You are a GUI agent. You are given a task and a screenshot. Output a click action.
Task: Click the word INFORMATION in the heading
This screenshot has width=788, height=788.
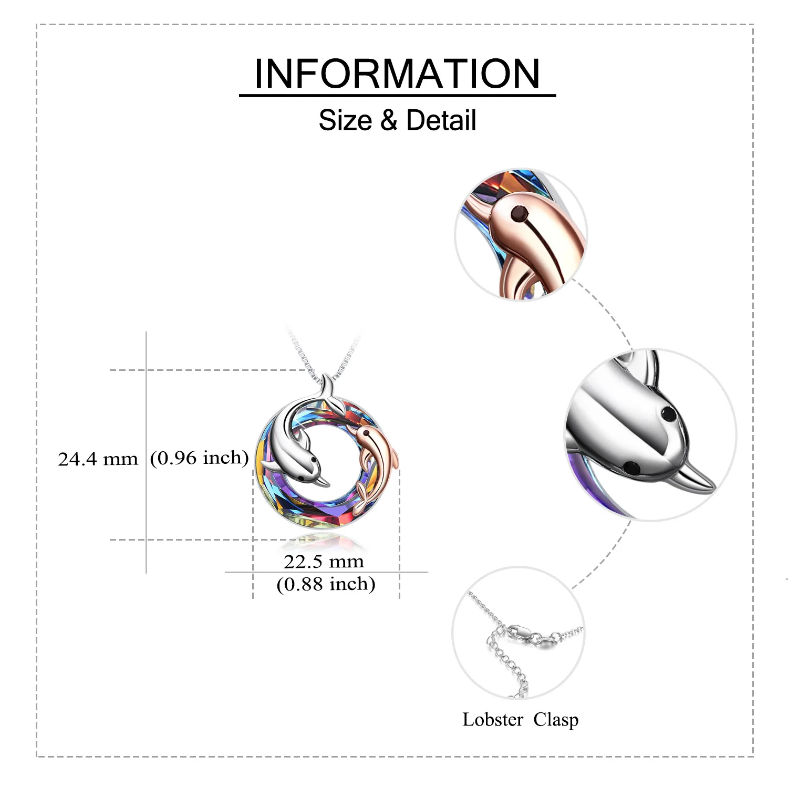(397, 74)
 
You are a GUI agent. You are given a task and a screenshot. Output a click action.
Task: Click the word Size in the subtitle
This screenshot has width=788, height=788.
(345, 120)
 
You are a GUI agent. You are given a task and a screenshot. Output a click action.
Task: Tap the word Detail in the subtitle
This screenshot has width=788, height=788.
(441, 120)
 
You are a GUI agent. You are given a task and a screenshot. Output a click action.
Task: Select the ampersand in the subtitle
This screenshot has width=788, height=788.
(388, 120)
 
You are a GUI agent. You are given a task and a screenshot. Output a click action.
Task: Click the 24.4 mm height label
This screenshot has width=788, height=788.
(98, 460)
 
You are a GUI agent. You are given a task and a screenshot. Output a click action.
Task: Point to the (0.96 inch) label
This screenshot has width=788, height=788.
(199, 458)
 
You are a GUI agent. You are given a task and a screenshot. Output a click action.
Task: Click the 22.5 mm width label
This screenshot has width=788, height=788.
(324, 562)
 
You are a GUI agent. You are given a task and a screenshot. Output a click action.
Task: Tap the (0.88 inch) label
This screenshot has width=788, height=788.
(326, 584)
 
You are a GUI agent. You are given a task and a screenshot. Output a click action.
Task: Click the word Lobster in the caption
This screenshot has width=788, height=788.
(493, 719)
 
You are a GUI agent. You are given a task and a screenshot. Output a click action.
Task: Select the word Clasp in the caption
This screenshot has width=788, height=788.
(556, 719)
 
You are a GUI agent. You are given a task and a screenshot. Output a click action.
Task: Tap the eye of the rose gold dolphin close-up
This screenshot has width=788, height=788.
(520, 213)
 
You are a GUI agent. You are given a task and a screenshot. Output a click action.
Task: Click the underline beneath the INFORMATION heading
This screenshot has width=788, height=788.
(397, 96)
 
